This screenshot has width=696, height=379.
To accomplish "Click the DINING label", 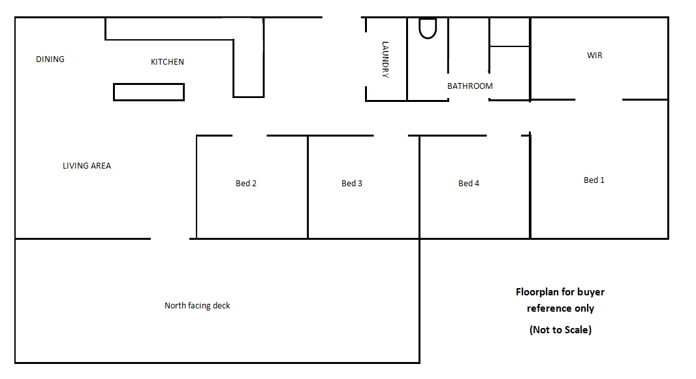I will tap(50, 59).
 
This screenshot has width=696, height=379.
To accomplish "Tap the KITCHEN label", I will tap(167, 62).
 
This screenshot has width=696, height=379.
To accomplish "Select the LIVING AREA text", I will tap(87, 166).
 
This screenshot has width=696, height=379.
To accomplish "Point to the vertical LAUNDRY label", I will tap(385, 60).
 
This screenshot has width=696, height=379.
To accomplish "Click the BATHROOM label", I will tap(469, 86).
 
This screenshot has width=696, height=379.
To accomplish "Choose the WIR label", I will tap(594, 56).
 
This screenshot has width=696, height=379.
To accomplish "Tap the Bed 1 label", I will tap(593, 180).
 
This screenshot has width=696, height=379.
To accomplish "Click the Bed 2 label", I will tap(245, 184).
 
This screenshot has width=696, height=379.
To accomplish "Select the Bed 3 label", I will tap(351, 184).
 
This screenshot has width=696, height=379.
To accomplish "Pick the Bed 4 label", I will tap(468, 184).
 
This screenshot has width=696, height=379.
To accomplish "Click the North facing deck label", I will tap(197, 306).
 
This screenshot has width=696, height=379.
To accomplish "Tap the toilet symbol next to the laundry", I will tap(427, 28).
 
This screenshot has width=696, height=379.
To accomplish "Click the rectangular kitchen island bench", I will tap(149, 92).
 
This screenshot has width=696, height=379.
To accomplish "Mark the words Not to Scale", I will tap(560, 330).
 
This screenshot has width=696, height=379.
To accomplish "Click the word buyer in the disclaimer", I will tap(591, 292).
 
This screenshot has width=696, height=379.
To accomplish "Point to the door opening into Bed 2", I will tap(249, 136).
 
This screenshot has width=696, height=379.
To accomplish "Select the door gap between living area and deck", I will tap(170, 239).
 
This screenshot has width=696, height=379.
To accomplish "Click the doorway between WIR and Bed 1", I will tap(599, 100).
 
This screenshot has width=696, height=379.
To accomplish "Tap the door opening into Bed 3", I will tap(390, 136).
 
